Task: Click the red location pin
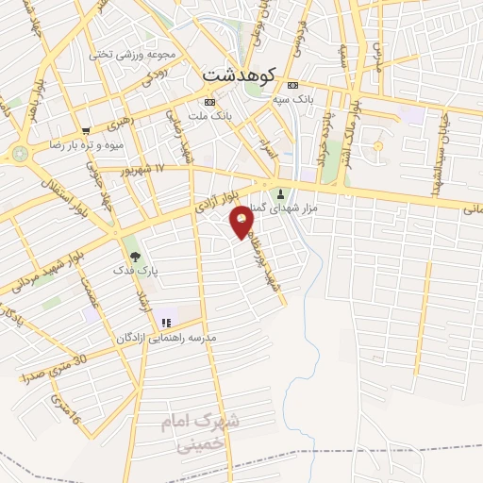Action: [x=243, y=221]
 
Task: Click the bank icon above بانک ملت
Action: [x=209, y=102]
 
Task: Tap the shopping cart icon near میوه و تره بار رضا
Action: [x=86, y=131]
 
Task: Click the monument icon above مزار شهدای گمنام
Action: [x=279, y=194]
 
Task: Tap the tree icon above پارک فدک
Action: [x=135, y=255]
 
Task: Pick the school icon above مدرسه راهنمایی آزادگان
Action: [x=166, y=324]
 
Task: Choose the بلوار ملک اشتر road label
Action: [x=350, y=132]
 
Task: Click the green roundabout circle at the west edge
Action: [x=20, y=152]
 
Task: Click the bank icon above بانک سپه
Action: [x=292, y=83]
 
